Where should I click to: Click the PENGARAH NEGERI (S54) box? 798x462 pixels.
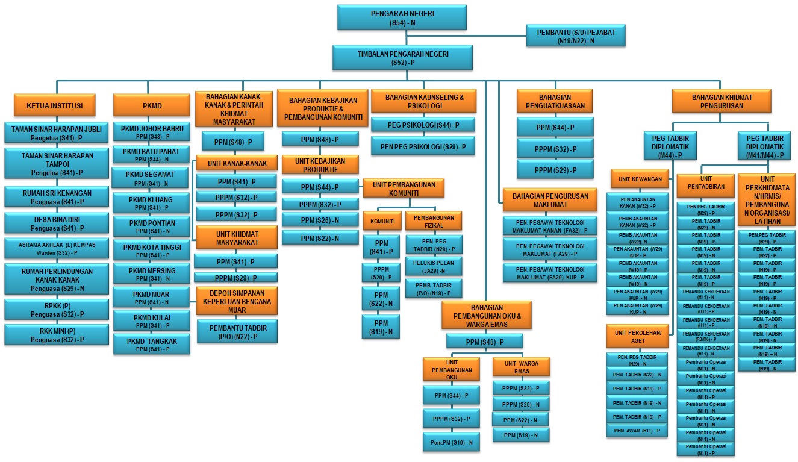[402, 17]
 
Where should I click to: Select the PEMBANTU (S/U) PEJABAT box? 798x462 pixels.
[575, 36]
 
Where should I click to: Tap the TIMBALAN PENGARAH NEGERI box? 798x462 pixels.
[402, 57]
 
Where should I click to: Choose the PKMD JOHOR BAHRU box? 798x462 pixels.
[152, 131]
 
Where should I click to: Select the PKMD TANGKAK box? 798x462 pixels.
[152, 344]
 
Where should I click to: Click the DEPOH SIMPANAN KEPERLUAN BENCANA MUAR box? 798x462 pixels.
[237, 302]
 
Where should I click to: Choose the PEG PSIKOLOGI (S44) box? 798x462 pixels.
[423, 125]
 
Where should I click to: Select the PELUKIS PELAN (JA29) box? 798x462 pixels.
[434, 266]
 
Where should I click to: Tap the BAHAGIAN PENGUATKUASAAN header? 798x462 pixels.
[555, 101]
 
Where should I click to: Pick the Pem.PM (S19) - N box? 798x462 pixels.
[450, 442]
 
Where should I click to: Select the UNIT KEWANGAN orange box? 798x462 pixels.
[640, 179]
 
